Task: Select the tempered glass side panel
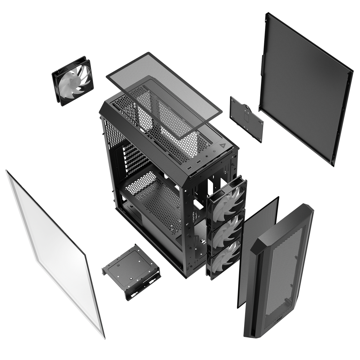pos(54,252)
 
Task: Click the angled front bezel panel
pos(279,270)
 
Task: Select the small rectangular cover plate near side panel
pos(246,118)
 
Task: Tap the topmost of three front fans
pos(227,200)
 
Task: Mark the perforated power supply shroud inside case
pos(155,202)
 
